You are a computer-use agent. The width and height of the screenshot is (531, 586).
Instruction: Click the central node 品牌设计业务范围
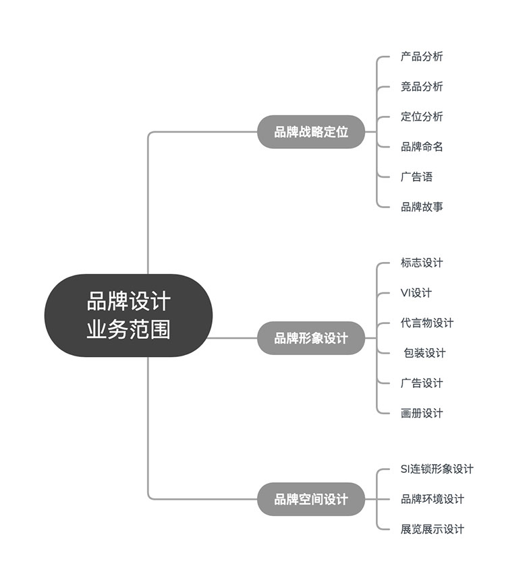click(x=128, y=315)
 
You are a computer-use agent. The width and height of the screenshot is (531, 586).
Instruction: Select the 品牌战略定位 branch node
click(x=311, y=131)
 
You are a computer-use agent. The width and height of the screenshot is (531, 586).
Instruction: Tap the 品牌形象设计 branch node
click(x=311, y=338)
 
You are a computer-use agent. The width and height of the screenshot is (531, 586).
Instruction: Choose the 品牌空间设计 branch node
click(x=311, y=499)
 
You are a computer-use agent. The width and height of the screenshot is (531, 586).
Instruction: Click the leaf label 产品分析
click(x=422, y=57)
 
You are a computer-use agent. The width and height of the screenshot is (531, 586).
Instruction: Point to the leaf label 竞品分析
click(x=422, y=86)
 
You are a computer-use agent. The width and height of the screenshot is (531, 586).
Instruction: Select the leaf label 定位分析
click(x=422, y=117)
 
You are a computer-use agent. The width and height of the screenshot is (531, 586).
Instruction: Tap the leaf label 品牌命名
click(x=422, y=147)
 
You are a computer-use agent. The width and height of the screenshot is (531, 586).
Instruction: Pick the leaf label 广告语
click(x=416, y=176)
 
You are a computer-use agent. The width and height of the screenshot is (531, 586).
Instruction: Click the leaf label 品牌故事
click(x=422, y=207)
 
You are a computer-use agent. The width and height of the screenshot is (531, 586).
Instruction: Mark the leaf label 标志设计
click(x=422, y=263)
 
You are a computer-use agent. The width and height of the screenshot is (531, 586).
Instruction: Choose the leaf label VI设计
click(x=416, y=292)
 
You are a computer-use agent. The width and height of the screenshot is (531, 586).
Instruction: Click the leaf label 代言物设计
click(x=427, y=323)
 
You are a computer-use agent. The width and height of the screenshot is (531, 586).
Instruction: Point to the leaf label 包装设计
click(x=424, y=353)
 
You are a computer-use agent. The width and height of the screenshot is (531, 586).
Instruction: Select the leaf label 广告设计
click(x=422, y=383)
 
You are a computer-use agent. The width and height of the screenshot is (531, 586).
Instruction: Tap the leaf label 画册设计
click(x=422, y=413)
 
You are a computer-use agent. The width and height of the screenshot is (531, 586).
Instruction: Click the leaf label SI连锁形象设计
click(x=437, y=469)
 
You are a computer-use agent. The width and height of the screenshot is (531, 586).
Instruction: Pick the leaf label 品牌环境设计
click(x=432, y=499)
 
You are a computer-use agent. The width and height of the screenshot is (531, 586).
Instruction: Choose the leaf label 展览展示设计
click(x=432, y=529)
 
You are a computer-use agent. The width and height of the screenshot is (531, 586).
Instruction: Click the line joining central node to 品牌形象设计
click(x=232, y=338)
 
